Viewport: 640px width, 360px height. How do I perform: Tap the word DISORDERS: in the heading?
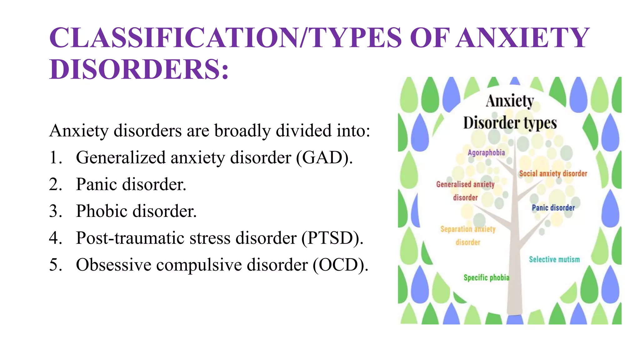tap(139, 69)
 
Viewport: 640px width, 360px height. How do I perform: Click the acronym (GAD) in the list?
tap(324, 157)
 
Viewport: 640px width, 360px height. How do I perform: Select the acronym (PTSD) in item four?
tap(332, 238)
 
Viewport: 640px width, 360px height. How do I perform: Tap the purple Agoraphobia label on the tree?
tap(486, 152)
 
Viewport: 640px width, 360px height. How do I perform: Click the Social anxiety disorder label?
tap(553, 173)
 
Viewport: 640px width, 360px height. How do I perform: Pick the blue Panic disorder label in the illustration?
tap(553, 208)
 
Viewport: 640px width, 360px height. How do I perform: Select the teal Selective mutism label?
tap(554, 259)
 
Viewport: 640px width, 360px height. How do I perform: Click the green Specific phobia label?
tap(486, 277)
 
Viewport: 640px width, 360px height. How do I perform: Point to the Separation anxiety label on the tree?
tap(468, 229)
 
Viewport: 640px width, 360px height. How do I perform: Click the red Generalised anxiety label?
tap(465, 184)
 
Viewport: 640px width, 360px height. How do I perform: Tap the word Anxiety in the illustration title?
tap(510, 101)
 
